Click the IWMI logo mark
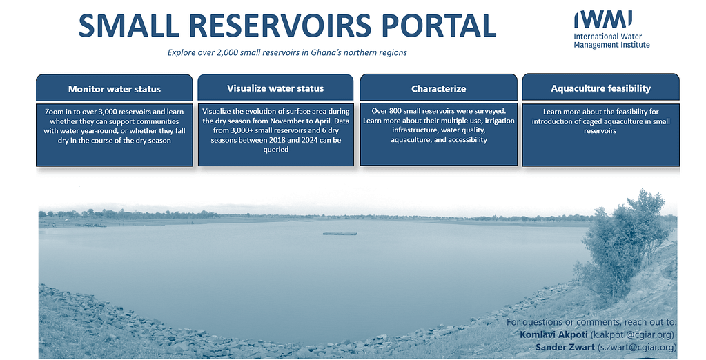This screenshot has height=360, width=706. tap(603, 19)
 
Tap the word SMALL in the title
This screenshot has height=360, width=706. tap(129, 26)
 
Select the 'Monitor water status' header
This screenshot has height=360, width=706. tap(115, 88)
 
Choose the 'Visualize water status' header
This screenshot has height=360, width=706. tap(275, 88)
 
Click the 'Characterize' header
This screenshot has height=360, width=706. tap(438, 88)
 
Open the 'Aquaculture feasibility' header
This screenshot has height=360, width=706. tap(600, 88)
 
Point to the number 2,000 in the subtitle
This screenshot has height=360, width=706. tap(227, 52)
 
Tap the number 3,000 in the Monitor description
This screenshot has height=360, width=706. tap(108, 112)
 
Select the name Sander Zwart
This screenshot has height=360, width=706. tap(565, 348)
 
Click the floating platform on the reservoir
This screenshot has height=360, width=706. tap(340, 233)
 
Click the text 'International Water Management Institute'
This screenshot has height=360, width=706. tap(611, 41)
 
